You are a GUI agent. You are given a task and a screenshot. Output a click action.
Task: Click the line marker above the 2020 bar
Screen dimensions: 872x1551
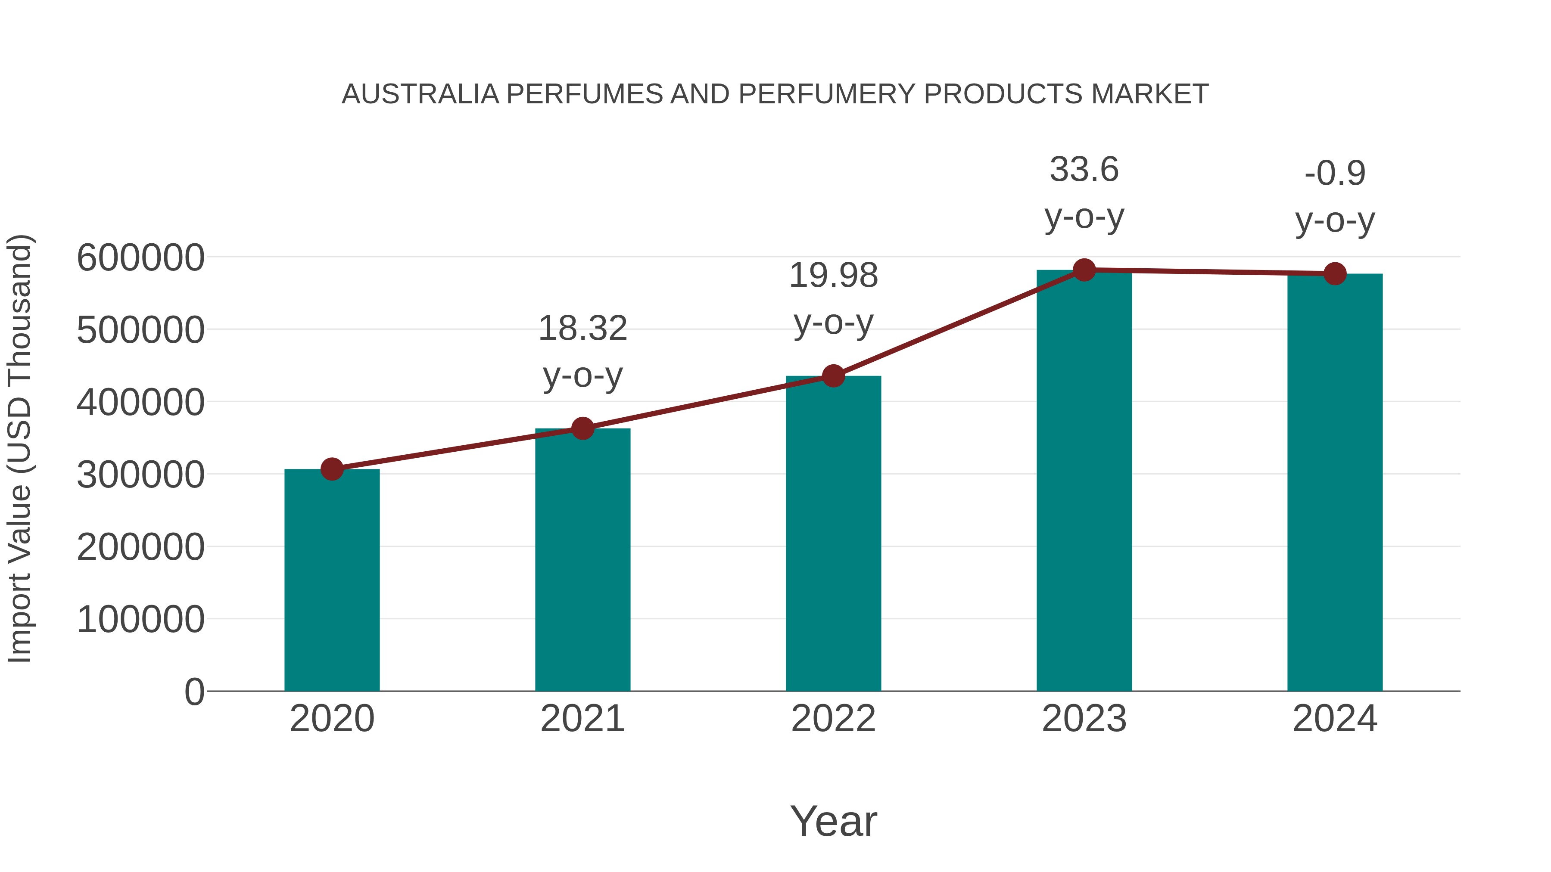pos(332,469)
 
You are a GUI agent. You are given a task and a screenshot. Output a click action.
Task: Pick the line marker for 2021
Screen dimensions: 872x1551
pos(582,428)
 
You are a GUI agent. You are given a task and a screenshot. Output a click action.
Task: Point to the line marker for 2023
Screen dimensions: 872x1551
pos(1084,270)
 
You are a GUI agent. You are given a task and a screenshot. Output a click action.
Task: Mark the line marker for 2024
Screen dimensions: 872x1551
pos(1335,274)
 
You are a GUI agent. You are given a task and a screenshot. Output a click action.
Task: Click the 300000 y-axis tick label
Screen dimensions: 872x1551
pos(140,475)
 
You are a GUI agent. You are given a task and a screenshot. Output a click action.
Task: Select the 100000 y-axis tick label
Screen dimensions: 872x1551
pos(140,619)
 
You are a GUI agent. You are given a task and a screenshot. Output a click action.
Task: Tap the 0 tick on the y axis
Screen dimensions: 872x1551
pos(194,692)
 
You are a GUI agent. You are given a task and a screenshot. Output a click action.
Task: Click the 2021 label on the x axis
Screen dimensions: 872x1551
pos(582,719)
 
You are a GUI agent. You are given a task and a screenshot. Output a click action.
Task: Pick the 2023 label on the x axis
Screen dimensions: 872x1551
pos(1084,719)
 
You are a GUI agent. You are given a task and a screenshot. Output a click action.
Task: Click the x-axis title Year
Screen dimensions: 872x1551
pos(833,821)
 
